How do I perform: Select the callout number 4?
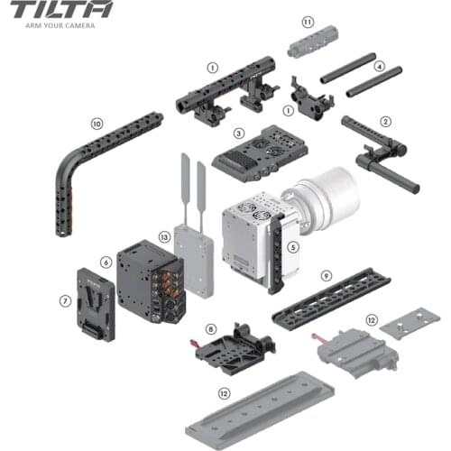click(x=380, y=66)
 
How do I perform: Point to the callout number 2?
click(x=386, y=121)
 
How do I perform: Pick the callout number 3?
click(x=239, y=133)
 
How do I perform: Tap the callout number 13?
click(x=164, y=236)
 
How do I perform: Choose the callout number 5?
click(x=292, y=245)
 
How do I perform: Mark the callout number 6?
click(x=106, y=262)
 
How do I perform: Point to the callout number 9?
click(x=327, y=275)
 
